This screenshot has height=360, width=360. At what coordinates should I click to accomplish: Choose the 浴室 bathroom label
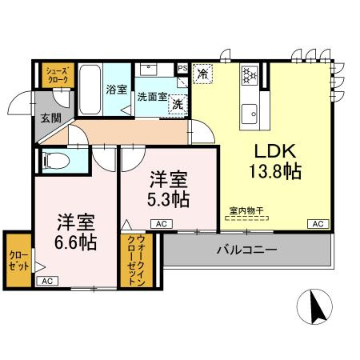pos(116,90)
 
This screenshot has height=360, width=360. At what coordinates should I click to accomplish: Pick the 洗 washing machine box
pos(178,104)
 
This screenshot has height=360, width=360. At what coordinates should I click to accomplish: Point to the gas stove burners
pos(249,74)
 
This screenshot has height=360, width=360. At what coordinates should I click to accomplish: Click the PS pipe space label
pos(183,68)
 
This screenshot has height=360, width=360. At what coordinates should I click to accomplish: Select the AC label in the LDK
pos(318,223)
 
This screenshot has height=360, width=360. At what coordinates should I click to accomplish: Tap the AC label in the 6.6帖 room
pos(47,281)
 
